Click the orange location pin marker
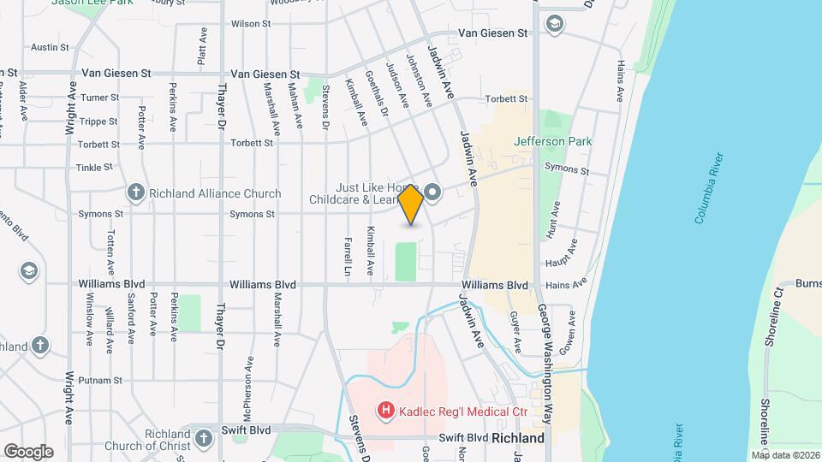411,204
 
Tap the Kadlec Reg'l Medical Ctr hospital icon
385,412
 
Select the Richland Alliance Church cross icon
135,193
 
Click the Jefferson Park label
553,141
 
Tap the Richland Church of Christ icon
203,439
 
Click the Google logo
28,451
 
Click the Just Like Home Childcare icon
432,192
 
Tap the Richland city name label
517,438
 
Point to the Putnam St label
98,379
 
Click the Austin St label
50,48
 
